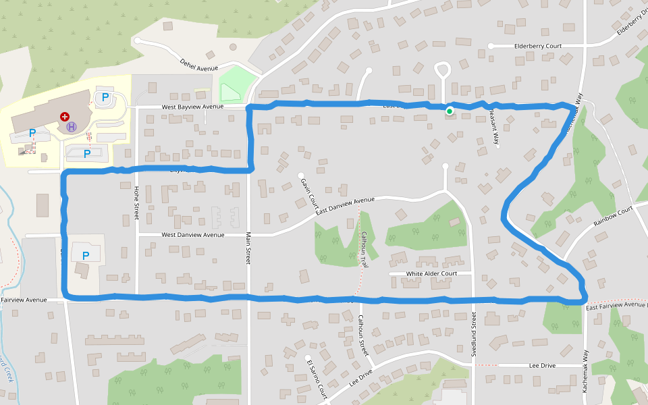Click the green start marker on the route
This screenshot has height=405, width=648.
click(450, 111)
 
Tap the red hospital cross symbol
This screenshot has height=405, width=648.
click(65, 116)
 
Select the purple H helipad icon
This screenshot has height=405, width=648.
click(72, 126)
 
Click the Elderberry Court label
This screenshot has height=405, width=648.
click(538, 46)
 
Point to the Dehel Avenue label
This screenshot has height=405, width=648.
click(198, 65)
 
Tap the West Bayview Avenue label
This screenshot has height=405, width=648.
click(192, 107)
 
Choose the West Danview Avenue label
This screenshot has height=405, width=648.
click(192, 235)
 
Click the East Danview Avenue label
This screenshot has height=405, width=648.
click(344, 205)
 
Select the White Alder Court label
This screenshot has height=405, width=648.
click(431, 273)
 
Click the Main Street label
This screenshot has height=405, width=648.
click(248, 249)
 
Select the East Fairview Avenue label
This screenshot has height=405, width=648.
click(616, 306)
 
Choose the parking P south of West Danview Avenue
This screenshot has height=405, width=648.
click(85, 256)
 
